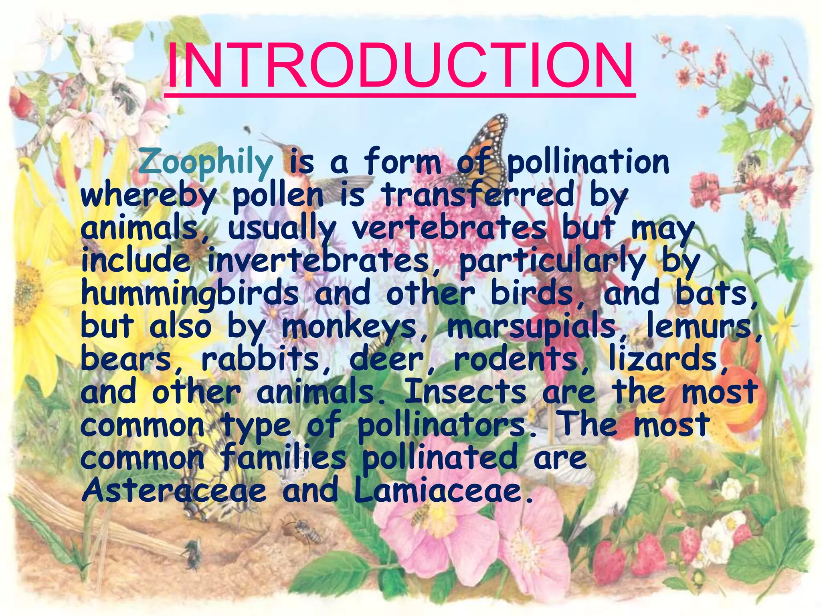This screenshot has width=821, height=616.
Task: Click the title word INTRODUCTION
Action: pyautogui.click(x=400, y=65)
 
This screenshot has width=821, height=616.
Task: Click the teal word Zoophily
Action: pyautogui.click(x=206, y=163)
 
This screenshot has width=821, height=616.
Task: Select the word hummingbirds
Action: pyautogui.click(x=190, y=294)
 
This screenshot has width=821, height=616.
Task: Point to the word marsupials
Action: pyautogui.click(x=532, y=327)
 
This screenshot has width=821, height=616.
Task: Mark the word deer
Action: pyautogui.click(x=386, y=359)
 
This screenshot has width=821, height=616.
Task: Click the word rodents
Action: pyautogui.click(x=515, y=359)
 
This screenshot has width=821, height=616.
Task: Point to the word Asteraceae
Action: pyautogui.click(x=174, y=490)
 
